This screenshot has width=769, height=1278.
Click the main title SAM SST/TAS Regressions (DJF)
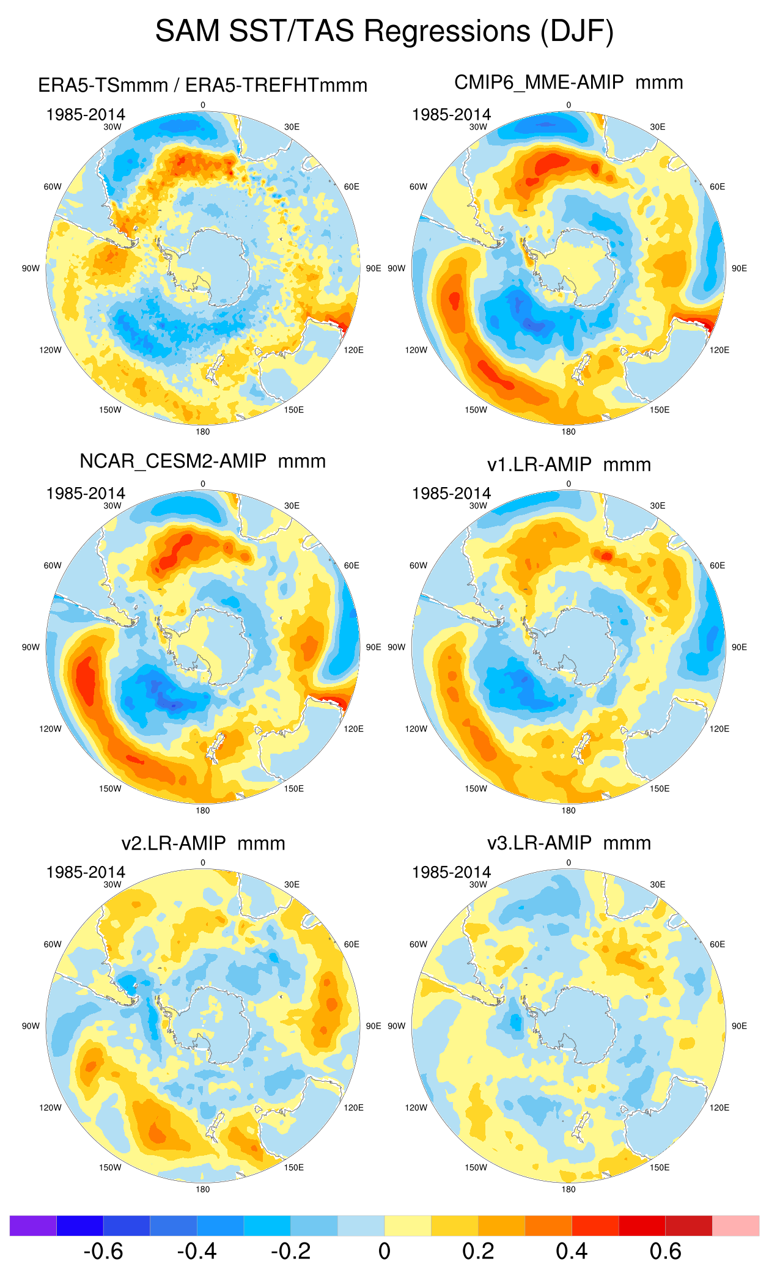pyautogui.click(x=384, y=31)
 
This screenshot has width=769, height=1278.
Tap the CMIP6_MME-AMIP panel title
pyautogui.click(x=568, y=82)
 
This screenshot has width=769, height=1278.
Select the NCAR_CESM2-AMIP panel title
pyautogui.click(x=202, y=461)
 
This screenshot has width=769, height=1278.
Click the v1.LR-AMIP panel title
pyautogui.click(x=568, y=465)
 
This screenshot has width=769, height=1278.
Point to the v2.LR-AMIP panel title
pyautogui.click(x=203, y=843)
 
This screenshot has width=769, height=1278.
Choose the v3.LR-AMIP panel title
pyautogui.click(x=568, y=843)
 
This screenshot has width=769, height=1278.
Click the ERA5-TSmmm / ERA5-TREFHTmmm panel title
pyautogui.click(x=202, y=85)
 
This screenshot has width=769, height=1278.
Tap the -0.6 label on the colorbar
pyautogui.click(x=103, y=1251)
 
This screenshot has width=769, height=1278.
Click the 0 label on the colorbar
pyautogui.click(x=384, y=1251)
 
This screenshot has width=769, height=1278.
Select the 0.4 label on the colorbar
pyautogui.click(x=572, y=1251)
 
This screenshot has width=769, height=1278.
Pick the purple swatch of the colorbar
pyautogui.click(x=33, y=1225)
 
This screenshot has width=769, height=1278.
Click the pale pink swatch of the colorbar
pyautogui.click(x=735, y=1225)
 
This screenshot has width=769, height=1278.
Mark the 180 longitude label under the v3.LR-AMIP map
pyautogui.click(x=568, y=1189)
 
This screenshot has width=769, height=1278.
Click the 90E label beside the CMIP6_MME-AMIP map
pyautogui.click(x=739, y=268)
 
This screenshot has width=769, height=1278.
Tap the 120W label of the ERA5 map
pyautogui.click(x=50, y=350)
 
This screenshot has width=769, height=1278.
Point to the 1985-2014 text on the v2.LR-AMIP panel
pyautogui.click(x=86, y=872)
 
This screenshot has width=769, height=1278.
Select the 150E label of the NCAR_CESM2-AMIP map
pyautogui.click(x=293, y=788)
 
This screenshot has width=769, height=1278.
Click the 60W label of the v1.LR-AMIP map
pyautogui.click(x=418, y=565)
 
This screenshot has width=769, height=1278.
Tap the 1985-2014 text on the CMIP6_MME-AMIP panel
pyautogui.click(x=451, y=114)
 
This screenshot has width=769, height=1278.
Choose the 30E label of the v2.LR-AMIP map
pyautogui.click(x=292, y=884)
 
